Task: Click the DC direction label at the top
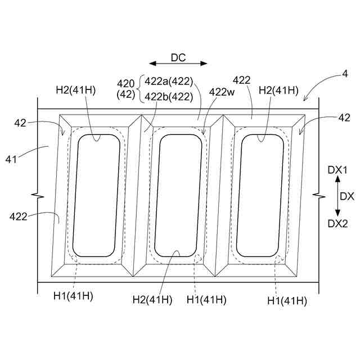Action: click(178, 57)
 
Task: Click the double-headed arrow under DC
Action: click(178, 64)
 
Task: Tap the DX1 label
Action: click(337, 170)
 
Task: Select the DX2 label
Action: click(337, 223)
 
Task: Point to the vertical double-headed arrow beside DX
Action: click(337, 196)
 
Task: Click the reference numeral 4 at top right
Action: click(345, 74)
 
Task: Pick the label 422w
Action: click(222, 92)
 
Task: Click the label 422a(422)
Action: click(169, 81)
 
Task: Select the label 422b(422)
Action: click(169, 97)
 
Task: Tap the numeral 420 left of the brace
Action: click(125, 84)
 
